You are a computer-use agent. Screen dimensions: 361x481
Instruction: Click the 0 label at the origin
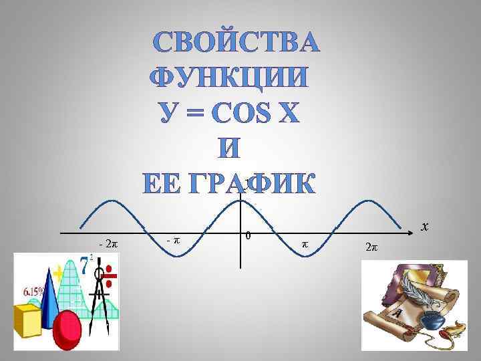247,235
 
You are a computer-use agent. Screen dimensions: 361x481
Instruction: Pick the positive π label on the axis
305,245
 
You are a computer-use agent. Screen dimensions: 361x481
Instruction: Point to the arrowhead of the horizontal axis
414,233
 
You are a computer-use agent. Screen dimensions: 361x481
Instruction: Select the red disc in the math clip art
67,331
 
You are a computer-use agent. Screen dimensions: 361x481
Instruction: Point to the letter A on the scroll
397,313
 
